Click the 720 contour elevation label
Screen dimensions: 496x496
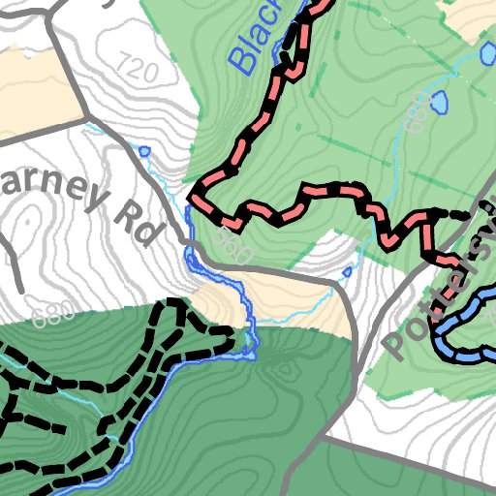point(135,69)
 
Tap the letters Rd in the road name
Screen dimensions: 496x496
point(140,221)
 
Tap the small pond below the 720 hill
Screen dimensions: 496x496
point(144,150)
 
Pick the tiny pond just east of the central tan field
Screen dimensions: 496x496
point(346,272)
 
